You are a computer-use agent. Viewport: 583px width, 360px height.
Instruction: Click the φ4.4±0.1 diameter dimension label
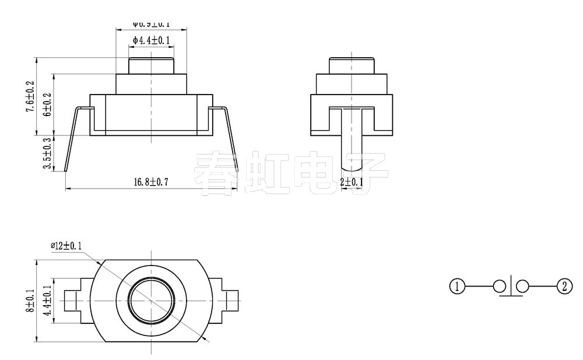tap(151, 40)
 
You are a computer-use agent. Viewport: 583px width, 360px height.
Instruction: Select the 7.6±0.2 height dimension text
tap(31, 96)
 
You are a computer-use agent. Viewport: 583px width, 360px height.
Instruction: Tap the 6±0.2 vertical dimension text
tap(47, 104)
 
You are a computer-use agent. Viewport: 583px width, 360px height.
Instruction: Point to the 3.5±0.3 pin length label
tap(47, 153)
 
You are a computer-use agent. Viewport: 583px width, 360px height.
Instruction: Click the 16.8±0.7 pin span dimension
tap(150, 182)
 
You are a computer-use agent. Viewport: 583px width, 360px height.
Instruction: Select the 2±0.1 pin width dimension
tap(352, 182)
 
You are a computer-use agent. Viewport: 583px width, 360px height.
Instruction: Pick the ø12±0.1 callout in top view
tap(66, 246)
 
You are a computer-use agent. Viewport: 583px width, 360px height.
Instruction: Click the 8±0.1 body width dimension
tap(31, 300)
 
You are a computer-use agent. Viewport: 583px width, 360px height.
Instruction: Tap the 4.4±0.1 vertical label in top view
tap(47, 300)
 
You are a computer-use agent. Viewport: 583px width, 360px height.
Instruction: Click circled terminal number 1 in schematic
tap(458, 286)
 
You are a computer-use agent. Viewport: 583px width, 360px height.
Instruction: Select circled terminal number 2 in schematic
tap(564, 286)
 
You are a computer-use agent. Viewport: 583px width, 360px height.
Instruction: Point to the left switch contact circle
tap(500, 286)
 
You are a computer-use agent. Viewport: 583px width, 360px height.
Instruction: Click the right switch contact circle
tap(522, 286)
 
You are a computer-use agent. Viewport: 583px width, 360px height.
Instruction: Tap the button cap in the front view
tap(152, 65)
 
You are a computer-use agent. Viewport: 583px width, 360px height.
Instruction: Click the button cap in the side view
tap(352, 65)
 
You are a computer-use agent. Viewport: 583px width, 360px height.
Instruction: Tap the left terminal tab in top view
tap(75, 300)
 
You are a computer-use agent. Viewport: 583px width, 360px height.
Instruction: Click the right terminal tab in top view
tap(229, 300)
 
